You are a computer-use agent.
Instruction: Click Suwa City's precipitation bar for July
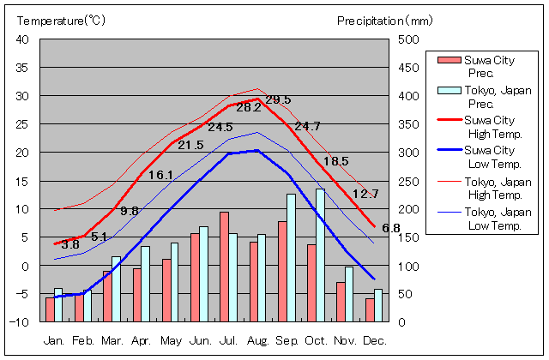coord(224,267)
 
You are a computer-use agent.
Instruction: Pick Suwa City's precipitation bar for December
coord(370,310)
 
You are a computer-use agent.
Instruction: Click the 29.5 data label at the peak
coord(278,100)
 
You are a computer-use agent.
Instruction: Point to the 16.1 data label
coord(160,175)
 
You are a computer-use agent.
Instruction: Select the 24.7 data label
coord(307,126)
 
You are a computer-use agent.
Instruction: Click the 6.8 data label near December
coord(391,228)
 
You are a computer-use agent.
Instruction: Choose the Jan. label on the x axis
coord(54,339)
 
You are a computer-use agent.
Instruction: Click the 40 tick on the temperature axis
coord(22,39)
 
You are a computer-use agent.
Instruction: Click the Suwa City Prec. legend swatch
coord(449,60)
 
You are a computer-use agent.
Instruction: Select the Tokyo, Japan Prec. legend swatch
coord(449,91)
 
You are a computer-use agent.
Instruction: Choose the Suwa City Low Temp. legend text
coord(492,157)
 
